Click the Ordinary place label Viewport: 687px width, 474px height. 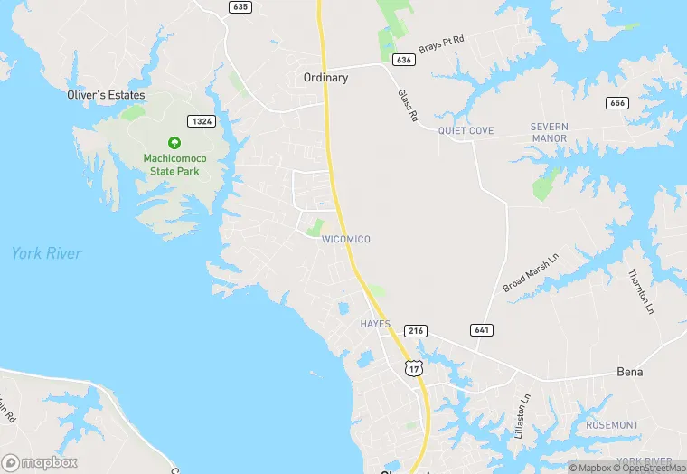(325, 78)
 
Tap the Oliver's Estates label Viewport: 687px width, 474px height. (106, 94)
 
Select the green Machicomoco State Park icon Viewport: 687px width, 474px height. (174, 143)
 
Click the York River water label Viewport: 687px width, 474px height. (47, 253)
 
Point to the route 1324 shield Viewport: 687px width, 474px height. (201, 120)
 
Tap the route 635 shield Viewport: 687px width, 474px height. (240, 6)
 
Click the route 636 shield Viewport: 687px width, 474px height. (404, 60)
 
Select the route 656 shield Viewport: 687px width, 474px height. (618, 103)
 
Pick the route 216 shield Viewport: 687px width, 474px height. (416, 331)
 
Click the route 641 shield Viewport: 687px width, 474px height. (481, 330)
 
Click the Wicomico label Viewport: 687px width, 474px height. (346, 239)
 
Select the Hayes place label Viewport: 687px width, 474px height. (375, 324)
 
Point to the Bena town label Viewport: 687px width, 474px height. (629, 372)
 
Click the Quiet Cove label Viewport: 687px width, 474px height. (466, 131)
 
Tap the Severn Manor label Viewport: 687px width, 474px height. (549, 132)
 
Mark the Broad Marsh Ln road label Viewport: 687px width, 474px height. (532, 271)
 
